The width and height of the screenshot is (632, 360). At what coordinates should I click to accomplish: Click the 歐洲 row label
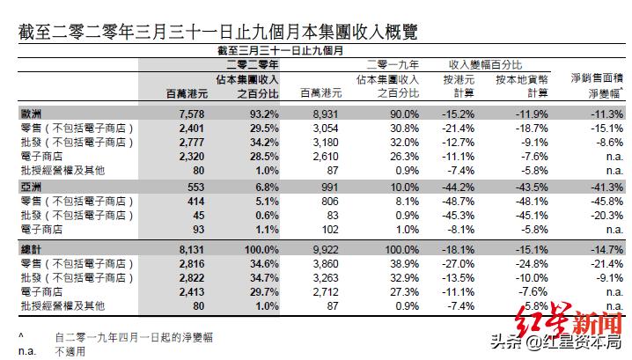[x=32, y=114]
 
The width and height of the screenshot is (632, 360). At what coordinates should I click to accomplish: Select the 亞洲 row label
[x=32, y=187]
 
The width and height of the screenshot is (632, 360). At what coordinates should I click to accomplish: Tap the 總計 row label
[x=32, y=250]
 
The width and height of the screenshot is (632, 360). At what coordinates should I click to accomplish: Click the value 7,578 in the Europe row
[x=191, y=114]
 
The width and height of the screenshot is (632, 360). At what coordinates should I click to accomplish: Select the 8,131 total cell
[x=191, y=250]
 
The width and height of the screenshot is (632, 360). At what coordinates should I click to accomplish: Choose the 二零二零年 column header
[x=253, y=65]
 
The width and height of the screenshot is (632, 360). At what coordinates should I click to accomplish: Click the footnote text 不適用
[x=69, y=349]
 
